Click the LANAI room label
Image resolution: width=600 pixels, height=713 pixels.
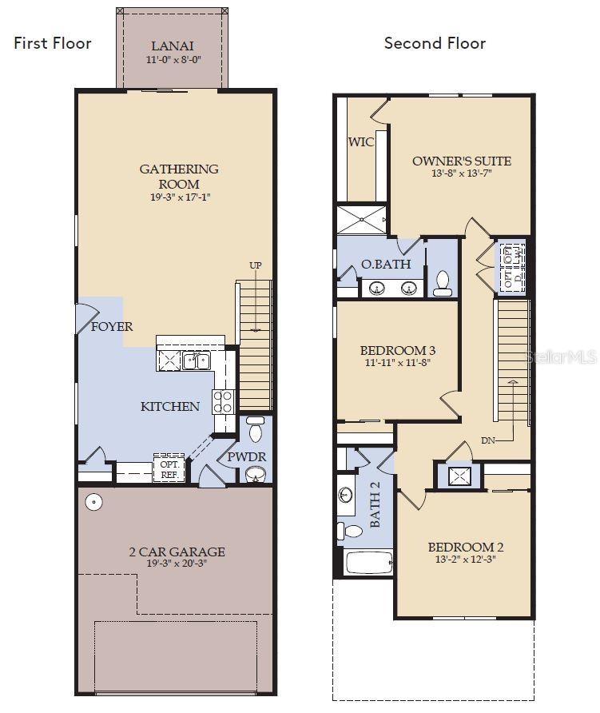click(x=173, y=46)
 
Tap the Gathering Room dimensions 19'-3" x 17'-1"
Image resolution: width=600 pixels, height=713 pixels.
click(x=179, y=197)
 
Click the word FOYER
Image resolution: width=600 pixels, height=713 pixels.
click(x=112, y=327)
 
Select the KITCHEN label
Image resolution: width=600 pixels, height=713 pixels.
click(x=170, y=406)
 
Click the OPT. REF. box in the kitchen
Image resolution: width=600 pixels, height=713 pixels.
click(x=170, y=469)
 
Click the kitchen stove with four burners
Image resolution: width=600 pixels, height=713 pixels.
click(x=223, y=401)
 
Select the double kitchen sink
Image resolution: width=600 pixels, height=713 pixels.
click(x=196, y=361)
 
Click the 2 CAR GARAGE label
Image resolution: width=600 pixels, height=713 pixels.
click(x=177, y=552)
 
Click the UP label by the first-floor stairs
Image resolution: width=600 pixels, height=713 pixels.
click(x=256, y=265)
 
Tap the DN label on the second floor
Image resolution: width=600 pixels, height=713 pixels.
click(x=488, y=440)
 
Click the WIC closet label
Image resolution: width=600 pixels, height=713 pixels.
click(x=361, y=142)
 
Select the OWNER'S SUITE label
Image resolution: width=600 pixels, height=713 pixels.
click(x=461, y=161)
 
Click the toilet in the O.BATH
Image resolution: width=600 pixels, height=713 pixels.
click(x=443, y=284)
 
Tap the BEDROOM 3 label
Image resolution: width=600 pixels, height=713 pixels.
click(x=397, y=350)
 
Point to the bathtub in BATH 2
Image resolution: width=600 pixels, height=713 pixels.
click(x=368, y=561)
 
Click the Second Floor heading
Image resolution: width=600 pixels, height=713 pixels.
click(x=435, y=43)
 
